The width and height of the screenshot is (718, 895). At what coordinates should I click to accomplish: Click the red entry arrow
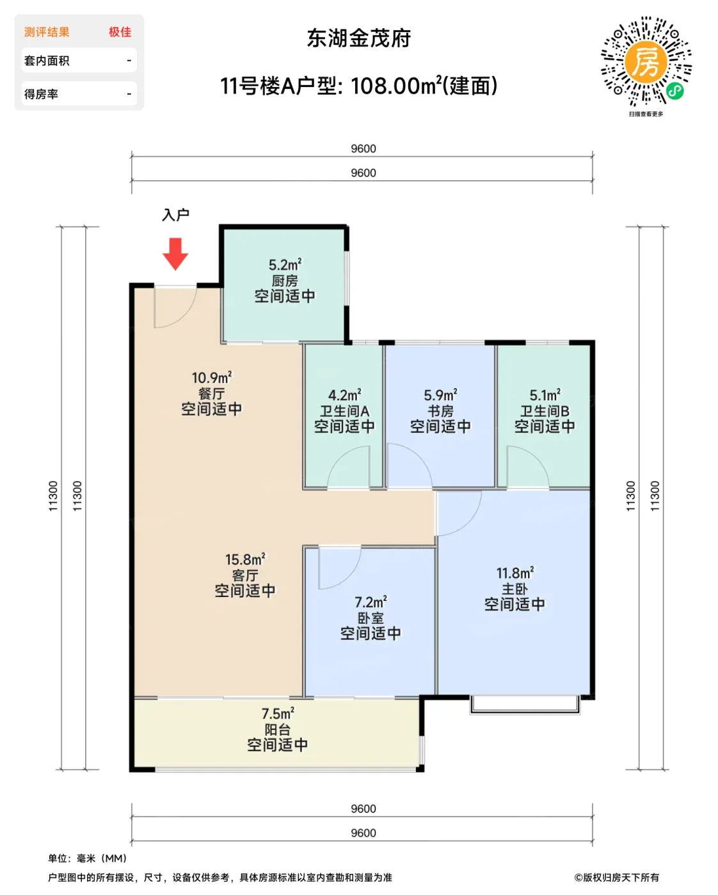click(x=175, y=254)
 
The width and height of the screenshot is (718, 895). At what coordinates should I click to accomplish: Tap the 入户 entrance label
click(x=175, y=215)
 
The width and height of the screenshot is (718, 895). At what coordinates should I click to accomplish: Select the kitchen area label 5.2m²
click(x=285, y=265)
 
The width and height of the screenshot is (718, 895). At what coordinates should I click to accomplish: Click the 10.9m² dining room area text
click(x=212, y=378)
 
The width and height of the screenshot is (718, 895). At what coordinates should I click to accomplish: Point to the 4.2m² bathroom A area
click(x=344, y=394)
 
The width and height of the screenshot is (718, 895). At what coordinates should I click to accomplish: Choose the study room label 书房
click(x=440, y=411)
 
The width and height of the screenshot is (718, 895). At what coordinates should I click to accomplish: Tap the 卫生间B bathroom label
click(x=545, y=411)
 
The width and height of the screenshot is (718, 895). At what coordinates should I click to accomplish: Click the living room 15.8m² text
click(x=245, y=559)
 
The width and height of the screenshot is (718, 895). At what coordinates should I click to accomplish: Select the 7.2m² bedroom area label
click(x=371, y=602)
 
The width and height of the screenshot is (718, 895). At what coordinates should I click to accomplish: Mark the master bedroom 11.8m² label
click(x=515, y=573)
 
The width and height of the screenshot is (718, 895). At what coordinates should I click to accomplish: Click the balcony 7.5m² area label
click(x=277, y=713)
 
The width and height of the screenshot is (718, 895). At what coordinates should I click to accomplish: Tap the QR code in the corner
click(x=646, y=61)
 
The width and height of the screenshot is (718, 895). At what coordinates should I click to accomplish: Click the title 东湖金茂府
click(x=358, y=38)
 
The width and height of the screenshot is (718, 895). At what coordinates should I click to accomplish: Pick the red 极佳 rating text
click(x=120, y=32)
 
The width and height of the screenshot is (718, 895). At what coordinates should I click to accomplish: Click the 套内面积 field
click(x=79, y=61)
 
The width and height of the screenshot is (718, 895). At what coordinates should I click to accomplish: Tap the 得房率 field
click(x=79, y=94)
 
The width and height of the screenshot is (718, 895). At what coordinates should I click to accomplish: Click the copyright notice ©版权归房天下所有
click(x=616, y=877)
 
